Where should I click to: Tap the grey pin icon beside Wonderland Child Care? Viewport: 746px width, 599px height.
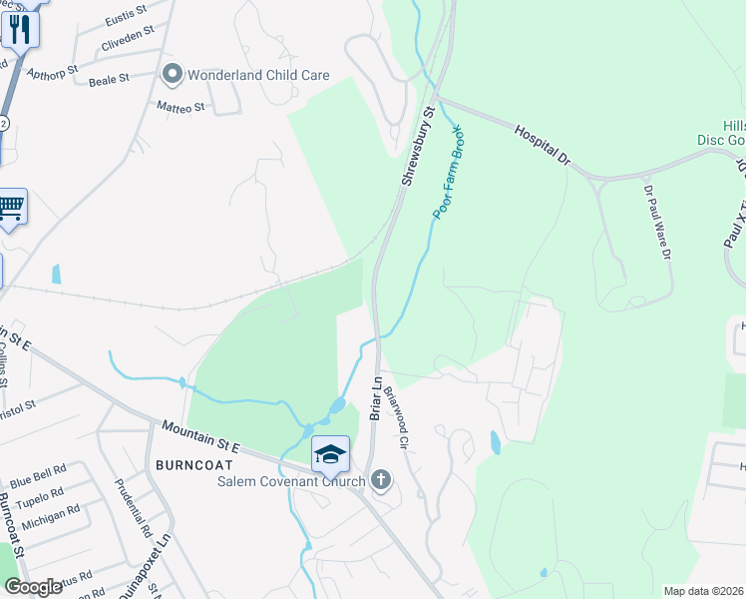[x=173, y=73]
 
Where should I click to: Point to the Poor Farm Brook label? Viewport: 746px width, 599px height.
[x=448, y=172]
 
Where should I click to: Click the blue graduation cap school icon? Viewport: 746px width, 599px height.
[x=330, y=454]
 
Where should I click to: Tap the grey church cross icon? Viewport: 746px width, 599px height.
[x=379, y=481]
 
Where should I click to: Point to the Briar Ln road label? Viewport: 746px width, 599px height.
[x=377, y=397]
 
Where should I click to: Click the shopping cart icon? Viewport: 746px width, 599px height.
[x=10, y=208]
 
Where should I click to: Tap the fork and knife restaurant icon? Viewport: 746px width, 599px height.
[x=19, y=29]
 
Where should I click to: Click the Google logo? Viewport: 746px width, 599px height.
[x=33, y=587]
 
